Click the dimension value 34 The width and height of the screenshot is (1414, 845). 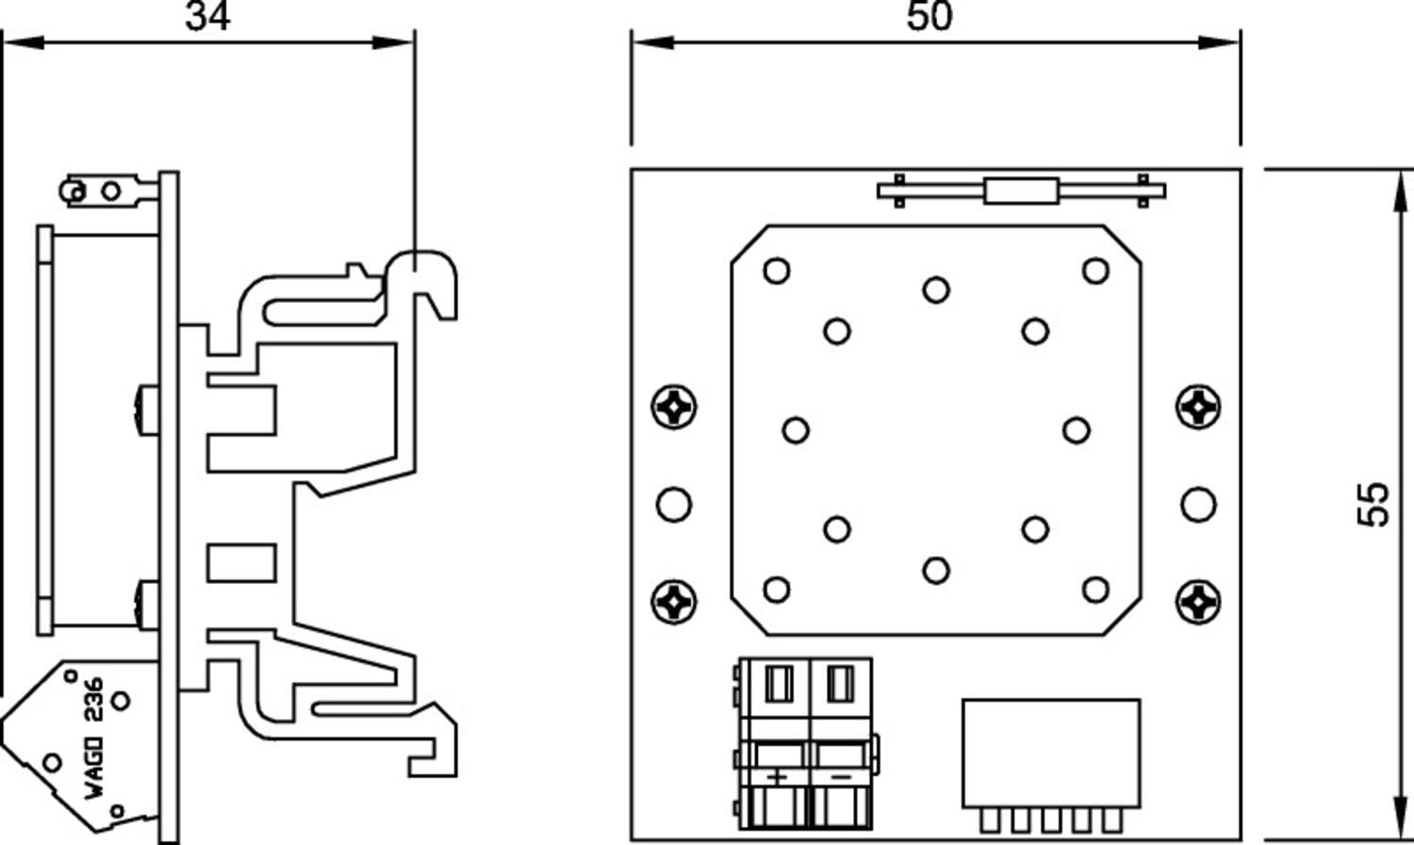point(207,16)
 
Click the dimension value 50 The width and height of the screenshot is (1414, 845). point(929,16)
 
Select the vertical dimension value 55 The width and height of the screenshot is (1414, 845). point(1375,505)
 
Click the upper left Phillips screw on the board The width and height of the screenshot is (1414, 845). point(675,407)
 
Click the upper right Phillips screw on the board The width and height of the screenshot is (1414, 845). point(1198,407)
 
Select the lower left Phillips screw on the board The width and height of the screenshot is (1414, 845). point(675,601)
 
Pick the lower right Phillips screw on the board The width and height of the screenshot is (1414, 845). point(1198,601)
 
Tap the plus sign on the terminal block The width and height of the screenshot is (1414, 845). point(777,777)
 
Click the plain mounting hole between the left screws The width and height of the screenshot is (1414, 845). point(673,504)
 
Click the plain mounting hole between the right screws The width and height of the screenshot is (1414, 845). point(1198,504)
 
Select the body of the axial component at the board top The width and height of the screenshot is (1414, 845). point(1020,191)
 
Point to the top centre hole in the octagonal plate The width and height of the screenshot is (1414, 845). point(936,290)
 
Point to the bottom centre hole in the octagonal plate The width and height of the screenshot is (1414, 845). point(936,570)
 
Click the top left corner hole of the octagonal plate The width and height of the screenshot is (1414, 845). point(777,272)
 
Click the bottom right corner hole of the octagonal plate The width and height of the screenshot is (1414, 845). point(1095,590)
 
